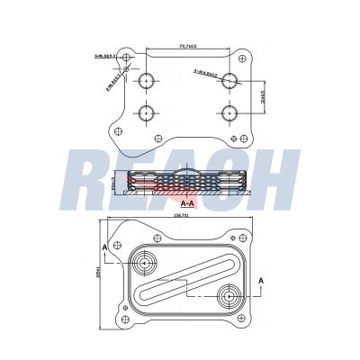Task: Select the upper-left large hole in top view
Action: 146,80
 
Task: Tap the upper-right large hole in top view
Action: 229,80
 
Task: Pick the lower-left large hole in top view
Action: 146,114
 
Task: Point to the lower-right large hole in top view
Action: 229,114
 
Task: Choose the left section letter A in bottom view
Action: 105,246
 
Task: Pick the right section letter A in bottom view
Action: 261,281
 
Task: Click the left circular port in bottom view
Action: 145,264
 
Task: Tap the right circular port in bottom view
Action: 230,294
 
